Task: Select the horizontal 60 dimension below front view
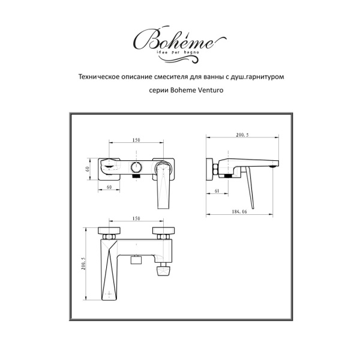tap(110, 187)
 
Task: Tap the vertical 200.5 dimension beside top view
tap(85, 264)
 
